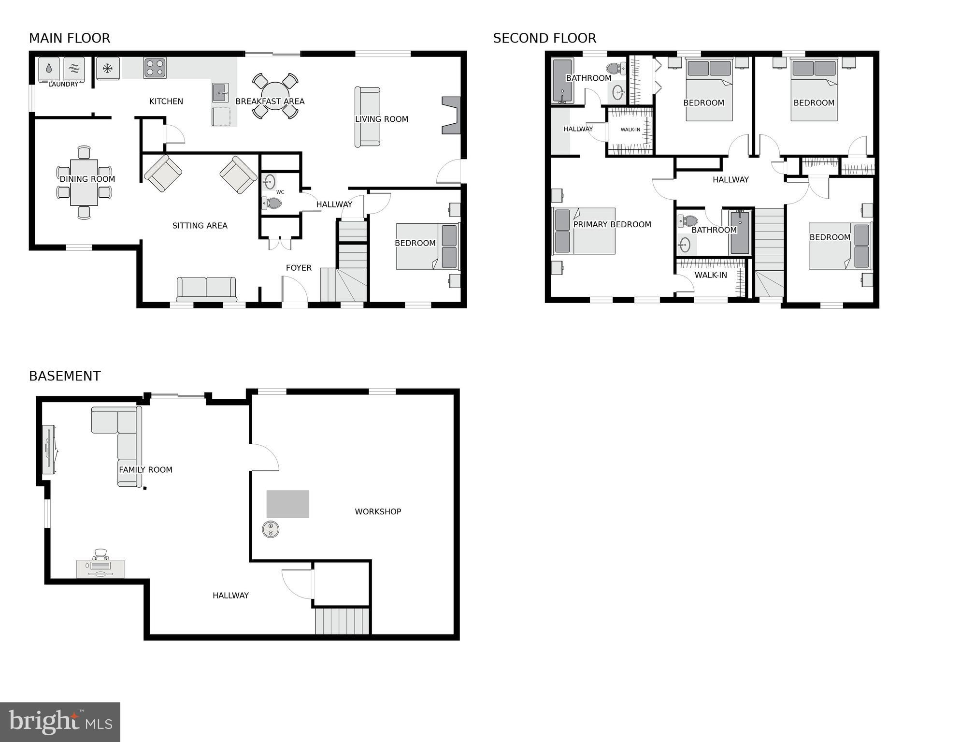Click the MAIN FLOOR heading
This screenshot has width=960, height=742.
click(x=70, y=38)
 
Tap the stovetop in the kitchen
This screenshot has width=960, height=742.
click(x=155, y=68)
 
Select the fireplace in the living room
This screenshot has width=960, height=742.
click(x=451, y=115)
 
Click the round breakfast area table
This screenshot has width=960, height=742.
click(x=275, y=95)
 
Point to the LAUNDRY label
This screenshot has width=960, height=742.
click(x=63, y=84)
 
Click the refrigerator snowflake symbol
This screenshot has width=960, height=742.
click(x=108, y=68)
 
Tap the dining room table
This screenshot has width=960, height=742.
click(x=84, y=183)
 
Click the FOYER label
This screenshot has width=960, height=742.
click(x=299, y=268)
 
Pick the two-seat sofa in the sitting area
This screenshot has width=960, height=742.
click(x=206, y=289)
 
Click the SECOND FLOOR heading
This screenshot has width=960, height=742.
click(x=544, y=38)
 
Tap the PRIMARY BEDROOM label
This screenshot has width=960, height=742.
click(x=612, y=224)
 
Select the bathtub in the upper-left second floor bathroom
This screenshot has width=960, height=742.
click(x=562, y=81)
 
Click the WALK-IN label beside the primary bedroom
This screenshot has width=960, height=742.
click(x=710, y=275)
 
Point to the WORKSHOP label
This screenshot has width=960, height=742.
click(x=378, y=511)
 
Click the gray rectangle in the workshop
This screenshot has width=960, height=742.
click(x=288, y=504)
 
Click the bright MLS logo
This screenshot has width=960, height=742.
click(x=60, y=722)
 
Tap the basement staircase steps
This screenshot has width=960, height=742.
click(x=342, y=621)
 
